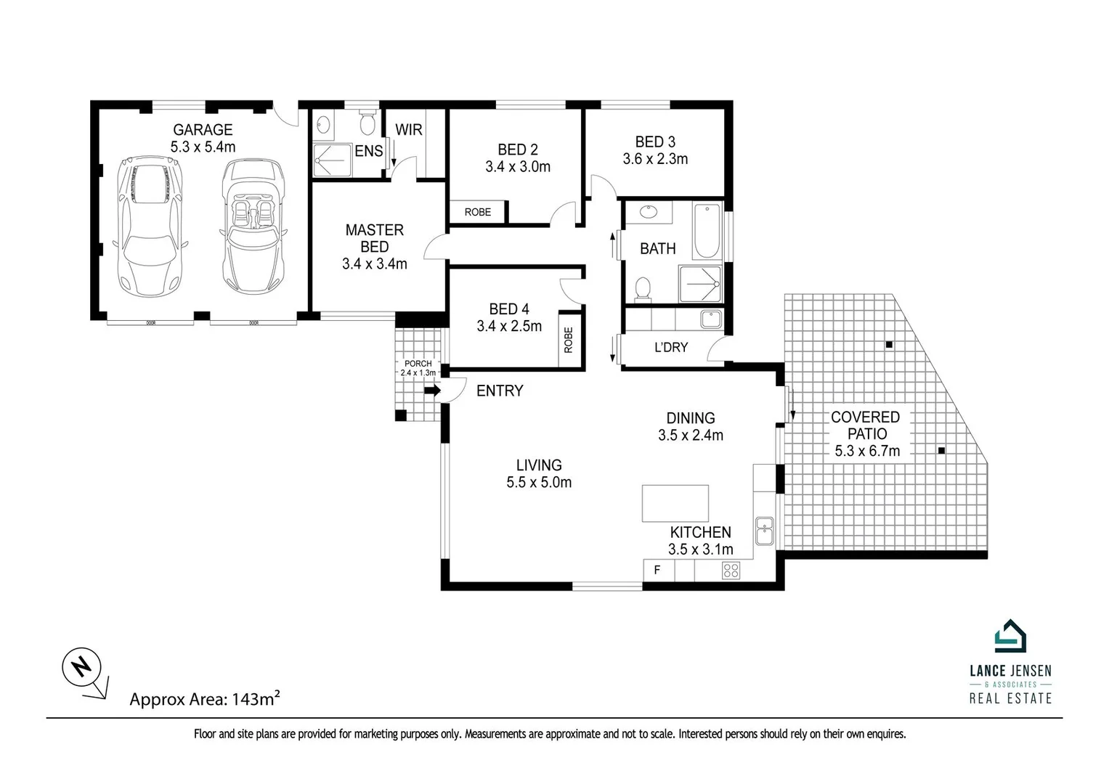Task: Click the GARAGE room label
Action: [203, 130]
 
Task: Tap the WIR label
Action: [408, 130]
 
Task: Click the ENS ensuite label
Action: [368, 151]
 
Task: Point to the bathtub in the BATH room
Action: [707, 232]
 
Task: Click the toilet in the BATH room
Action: [642, 289]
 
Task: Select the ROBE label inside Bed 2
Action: [477, 212]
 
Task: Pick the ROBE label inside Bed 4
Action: [569, 340]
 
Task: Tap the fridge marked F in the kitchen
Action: [658, 571]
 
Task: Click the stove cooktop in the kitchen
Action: [731, 571]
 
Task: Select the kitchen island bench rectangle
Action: [675, 503]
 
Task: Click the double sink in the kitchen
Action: [763, 531]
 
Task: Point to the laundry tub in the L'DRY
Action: [710, 319]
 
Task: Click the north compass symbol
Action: [81, 666]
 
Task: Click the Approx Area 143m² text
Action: [205, 699]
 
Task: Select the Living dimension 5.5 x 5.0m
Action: [539, 482]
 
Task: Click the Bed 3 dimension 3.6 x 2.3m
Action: [655, 159]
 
